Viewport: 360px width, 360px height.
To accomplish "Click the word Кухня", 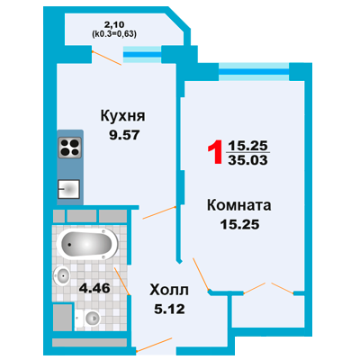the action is pos(122,116).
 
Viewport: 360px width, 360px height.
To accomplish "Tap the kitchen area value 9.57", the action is pos(124,135).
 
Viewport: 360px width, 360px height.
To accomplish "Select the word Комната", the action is pos(239,205).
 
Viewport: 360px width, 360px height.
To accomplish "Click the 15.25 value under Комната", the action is pos(239,224).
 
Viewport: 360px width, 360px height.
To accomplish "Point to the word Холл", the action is pos(169,290).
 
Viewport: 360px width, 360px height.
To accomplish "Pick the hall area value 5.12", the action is pos(169,309).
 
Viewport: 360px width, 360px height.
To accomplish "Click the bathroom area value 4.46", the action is pos(94,288).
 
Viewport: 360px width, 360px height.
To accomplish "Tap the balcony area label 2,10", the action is pos(114,24).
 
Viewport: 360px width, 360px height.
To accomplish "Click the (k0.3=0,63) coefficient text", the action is pos(114,34).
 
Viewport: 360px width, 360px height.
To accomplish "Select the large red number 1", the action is pos(215,152).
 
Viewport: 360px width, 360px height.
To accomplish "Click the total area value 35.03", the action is pos(247,160).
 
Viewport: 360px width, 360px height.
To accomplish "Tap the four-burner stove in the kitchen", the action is pos(69,148).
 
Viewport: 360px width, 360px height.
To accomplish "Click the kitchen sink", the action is pos(68,189).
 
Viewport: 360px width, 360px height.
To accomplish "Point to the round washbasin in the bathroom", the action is pos(62,275).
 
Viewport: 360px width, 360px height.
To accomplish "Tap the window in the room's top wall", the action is pos(254,72).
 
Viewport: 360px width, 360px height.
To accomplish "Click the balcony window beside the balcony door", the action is pos(142,55).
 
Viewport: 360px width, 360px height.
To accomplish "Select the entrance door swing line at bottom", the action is pos(154,344).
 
